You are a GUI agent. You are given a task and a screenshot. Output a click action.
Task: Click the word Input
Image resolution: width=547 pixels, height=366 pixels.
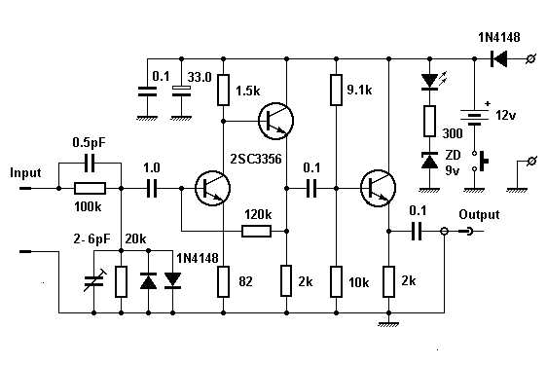point(26,172)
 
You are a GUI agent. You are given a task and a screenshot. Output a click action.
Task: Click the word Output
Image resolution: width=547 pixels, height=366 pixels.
point(481,215)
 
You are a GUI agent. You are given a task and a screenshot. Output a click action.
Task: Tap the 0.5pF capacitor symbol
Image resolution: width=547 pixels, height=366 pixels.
point(90,163)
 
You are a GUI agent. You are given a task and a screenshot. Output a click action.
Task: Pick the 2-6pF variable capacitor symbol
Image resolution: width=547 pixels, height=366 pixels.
point(92,281)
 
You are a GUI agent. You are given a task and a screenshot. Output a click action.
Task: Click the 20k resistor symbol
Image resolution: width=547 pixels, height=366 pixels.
point(120,281)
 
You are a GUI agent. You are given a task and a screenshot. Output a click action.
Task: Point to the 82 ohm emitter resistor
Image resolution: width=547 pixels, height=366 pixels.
point(224,281)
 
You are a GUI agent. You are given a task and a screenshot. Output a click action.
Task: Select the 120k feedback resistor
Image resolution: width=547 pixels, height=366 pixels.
point(255,232)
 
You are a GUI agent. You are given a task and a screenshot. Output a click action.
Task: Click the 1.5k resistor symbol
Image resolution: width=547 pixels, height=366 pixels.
point(224,90)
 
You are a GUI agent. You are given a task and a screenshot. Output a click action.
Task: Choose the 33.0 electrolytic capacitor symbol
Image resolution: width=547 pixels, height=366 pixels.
point(179,91)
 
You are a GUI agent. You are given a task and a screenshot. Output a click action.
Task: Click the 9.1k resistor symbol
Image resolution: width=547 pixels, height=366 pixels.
point(335,90)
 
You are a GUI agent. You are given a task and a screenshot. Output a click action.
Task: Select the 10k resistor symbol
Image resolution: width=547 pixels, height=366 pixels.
point(335,281)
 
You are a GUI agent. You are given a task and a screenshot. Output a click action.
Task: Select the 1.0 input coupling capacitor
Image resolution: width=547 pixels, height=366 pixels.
point(152,188)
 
